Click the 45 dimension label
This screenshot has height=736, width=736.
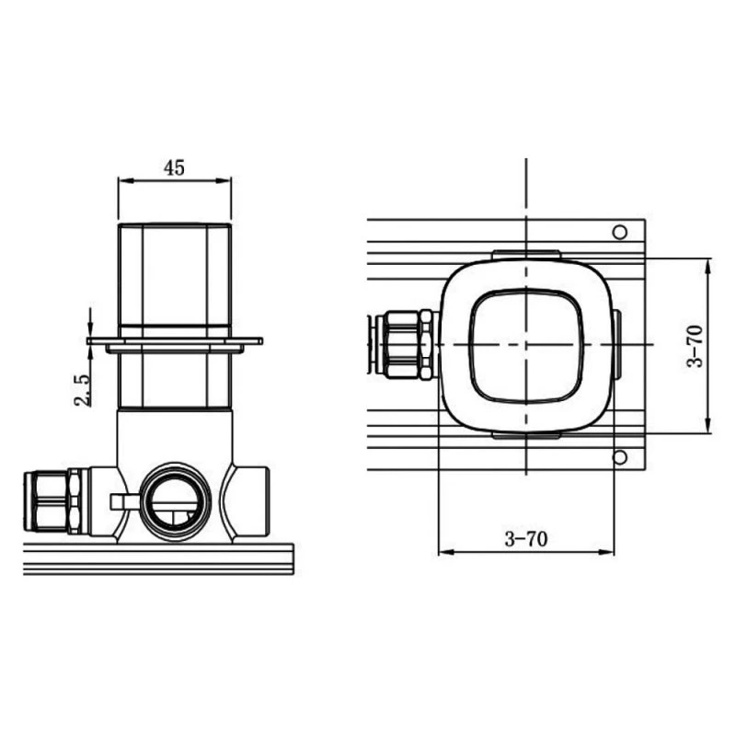[174, 167]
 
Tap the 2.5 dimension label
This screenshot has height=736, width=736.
[83, 389]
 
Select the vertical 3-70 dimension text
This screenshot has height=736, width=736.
[696, 346]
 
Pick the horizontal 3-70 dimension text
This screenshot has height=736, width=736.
[525, 539]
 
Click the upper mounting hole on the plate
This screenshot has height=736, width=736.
[620, 232]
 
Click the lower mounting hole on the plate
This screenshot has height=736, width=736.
[620, 457]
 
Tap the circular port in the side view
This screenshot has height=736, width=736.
[176, 502]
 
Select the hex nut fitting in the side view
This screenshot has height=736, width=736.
[52, 501]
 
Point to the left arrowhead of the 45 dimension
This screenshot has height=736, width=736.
[124, 180]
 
